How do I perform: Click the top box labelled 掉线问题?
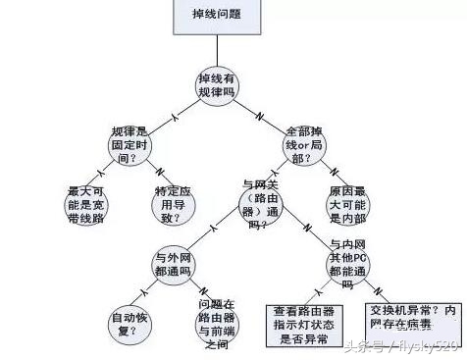pos(216,16)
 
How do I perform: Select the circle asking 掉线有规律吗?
pos(216,84)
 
